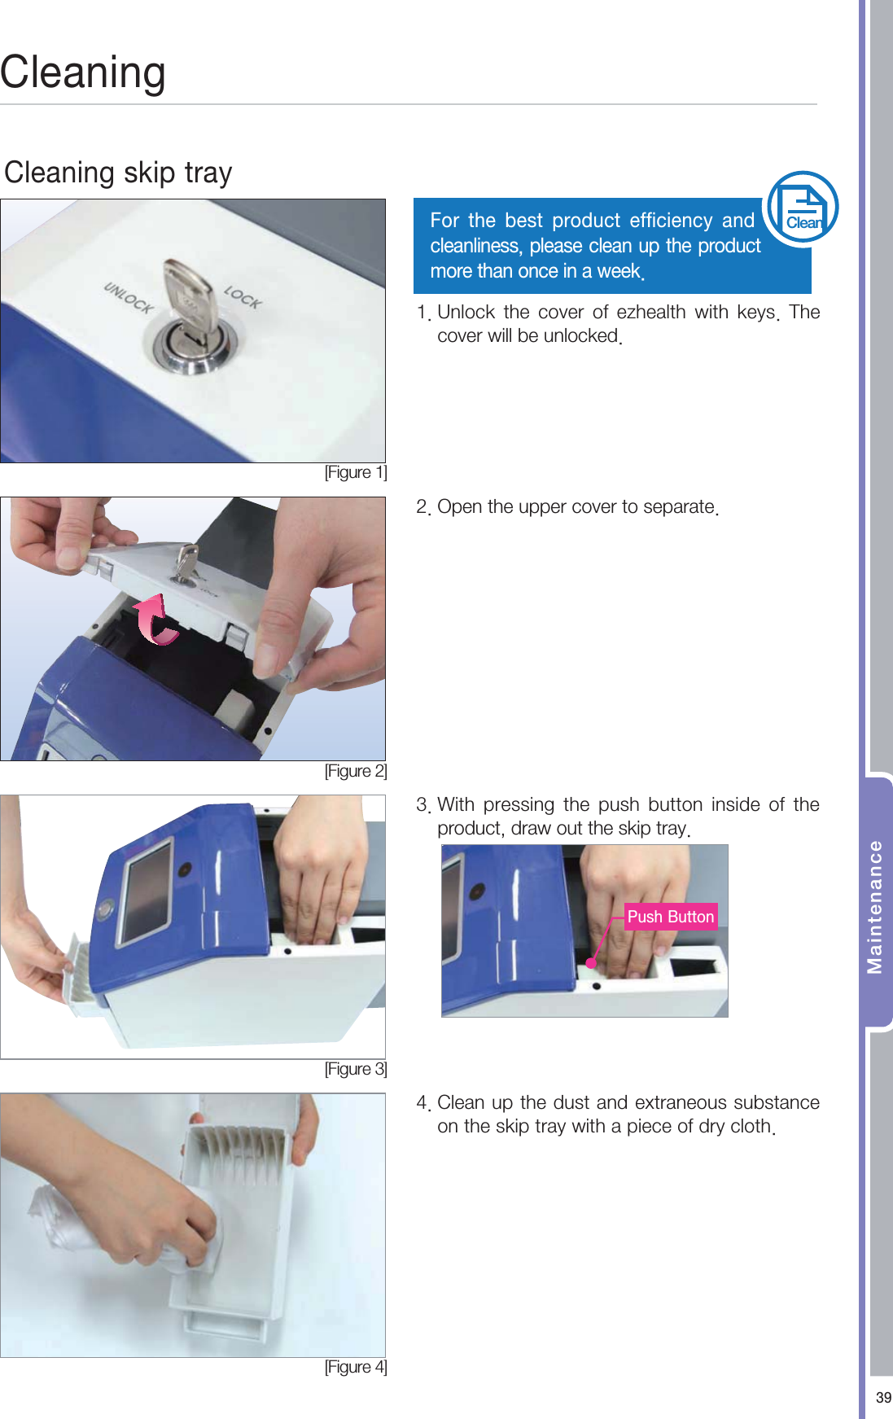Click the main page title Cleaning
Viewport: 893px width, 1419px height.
click(83, 73)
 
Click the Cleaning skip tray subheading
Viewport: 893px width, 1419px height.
click(119, 173)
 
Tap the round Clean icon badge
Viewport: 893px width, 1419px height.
click(803, 208)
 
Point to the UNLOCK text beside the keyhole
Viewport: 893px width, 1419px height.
click(128, 297)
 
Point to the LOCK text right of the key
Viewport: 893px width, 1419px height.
click(243, 297)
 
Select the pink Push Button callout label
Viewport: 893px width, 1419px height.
click(671, 917)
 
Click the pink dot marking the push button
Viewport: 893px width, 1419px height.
click(591, 963)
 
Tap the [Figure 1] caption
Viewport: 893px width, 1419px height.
click(356, 473)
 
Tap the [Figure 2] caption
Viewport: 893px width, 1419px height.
click(356, 771)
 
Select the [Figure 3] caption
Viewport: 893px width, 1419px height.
click(356, 1069)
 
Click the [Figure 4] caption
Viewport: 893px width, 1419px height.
click(356, 1367)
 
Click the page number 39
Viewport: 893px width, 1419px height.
click(883, 1398)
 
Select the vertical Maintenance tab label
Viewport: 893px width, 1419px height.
click(875, 906)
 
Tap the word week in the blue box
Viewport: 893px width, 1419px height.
click(619, 271)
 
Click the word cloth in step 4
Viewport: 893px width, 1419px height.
click(750, 1126)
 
